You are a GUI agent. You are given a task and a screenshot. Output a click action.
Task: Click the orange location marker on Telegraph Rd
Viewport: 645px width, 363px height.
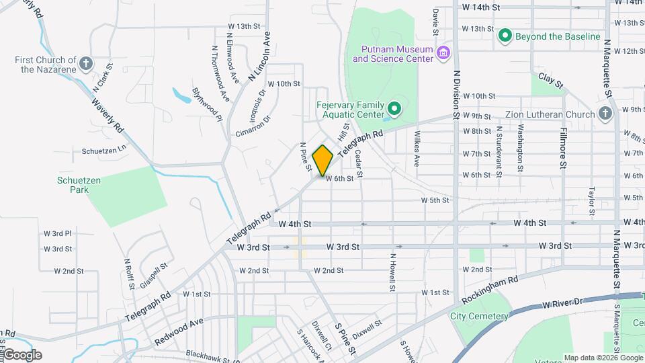click(323, 161)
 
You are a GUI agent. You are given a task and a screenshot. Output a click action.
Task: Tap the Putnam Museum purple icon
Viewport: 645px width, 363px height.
click(443, 53)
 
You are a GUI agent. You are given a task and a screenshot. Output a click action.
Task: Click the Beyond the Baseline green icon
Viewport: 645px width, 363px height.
click(505, 36)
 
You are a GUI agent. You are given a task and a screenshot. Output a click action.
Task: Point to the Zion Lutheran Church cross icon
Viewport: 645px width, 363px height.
click(605, 114)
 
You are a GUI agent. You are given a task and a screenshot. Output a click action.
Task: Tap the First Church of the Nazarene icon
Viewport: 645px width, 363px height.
click(85, 64)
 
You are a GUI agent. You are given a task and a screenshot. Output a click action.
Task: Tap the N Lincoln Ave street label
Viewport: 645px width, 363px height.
click(263, 56)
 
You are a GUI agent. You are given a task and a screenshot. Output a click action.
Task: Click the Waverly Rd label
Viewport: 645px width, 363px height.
click(107, 115)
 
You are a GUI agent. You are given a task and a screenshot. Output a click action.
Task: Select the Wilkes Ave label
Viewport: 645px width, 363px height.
click(417, 149)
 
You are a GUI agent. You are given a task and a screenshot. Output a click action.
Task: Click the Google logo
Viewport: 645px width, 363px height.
click(22, 355)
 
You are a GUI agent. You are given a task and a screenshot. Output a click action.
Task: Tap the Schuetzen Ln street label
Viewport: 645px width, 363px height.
click(104, 150)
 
